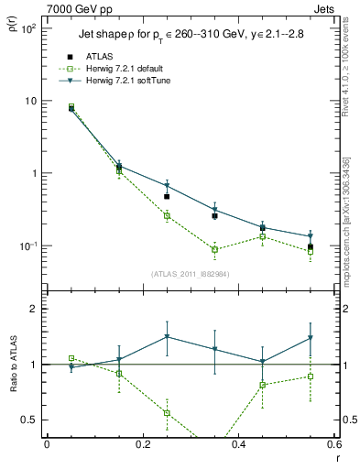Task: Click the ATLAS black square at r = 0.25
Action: click(167, 196)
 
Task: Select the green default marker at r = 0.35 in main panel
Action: click(214, 249)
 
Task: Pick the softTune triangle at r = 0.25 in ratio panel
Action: click(167, 337)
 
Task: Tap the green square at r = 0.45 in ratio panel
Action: click(263, 385)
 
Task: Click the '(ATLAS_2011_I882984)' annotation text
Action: click(191, 273)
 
